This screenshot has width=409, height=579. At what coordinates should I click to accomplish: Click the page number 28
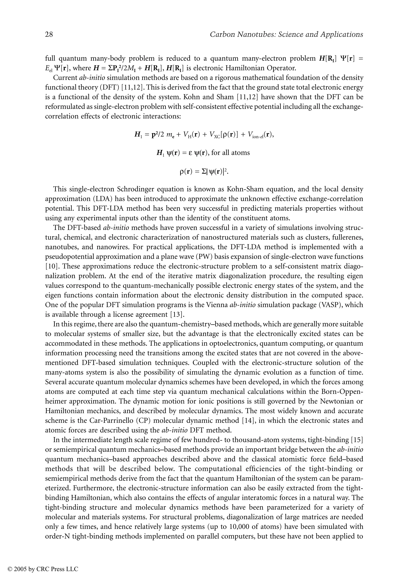point(49,34)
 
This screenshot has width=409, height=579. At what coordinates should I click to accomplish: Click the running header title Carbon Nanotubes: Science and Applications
point(287,34)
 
